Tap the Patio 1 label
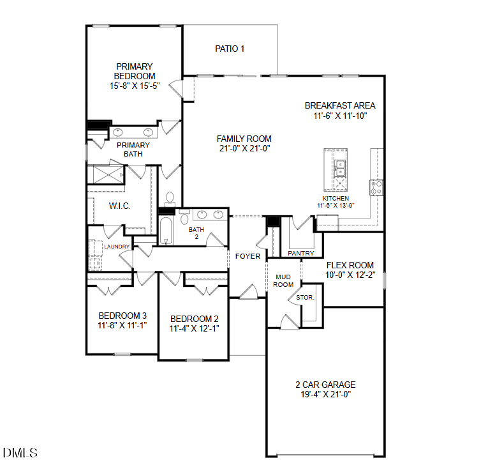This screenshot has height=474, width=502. click(x=230, y=49)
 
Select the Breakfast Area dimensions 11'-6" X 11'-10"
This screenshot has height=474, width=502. click(x=339, y=116)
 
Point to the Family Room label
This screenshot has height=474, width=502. click(x=244, y=139)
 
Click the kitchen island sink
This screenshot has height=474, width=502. click(x=341, y=167)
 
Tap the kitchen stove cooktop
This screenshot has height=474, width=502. click(x=376, y=187)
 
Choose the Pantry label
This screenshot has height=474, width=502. click(x=300, y=253)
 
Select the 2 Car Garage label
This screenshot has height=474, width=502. click(x=325, y=385)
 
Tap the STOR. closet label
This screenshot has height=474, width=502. click(x=304, y=298)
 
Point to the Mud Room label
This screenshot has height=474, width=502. click(x=284, y=280)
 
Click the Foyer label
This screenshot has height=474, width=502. click(x=247, y=256)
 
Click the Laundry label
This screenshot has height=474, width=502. click(x=117, y=247)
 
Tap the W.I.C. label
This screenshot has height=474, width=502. click(x=119, y=206)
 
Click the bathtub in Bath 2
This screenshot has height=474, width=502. click(x=166, y=231)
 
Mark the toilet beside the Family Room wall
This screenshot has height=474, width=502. click(x=170, y=200)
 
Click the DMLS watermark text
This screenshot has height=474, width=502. click(x=20, y=453)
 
